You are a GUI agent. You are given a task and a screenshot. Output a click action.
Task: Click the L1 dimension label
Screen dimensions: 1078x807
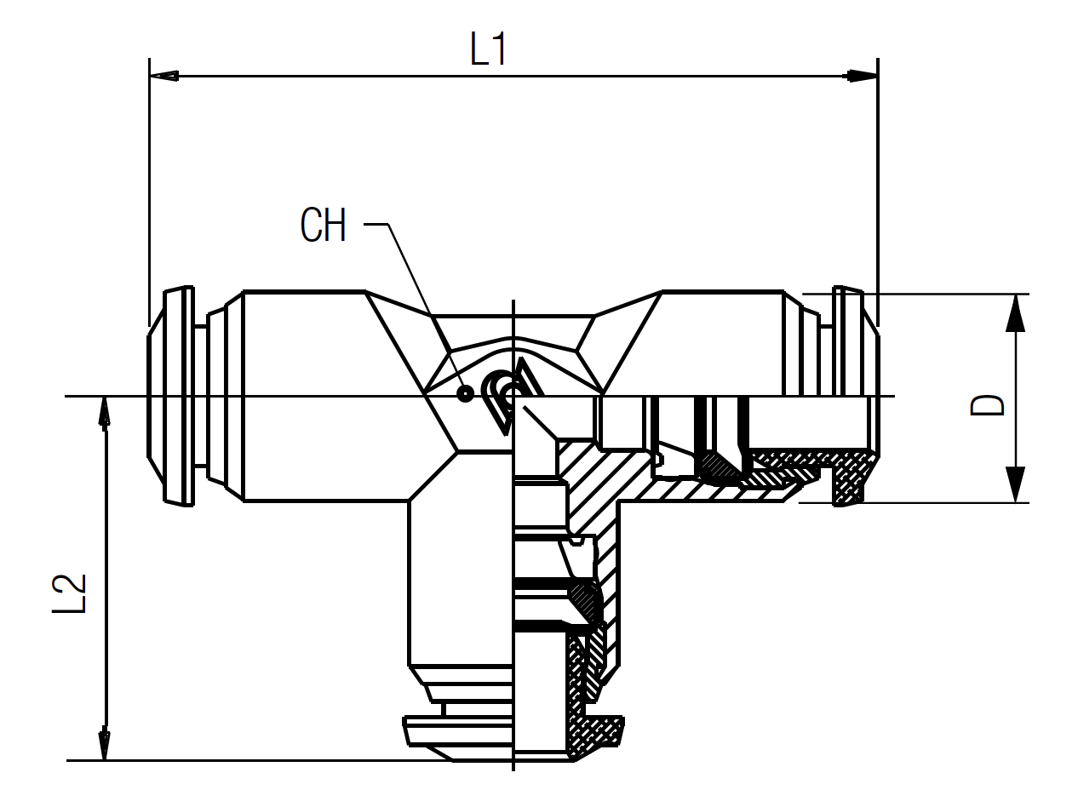point(488,49)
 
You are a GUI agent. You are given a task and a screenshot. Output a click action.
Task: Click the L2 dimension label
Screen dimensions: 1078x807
point(69,593)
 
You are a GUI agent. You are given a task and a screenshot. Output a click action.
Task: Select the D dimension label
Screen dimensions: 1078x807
point(987,405)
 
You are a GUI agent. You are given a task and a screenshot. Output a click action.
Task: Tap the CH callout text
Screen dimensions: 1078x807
point(324,225)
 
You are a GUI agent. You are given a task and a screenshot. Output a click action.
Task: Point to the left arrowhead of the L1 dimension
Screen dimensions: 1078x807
point(163,76)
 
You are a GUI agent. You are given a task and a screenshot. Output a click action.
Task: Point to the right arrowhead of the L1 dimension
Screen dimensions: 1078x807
point(863,76)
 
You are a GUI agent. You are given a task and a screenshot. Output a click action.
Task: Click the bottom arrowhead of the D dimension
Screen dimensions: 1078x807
point(1015,484)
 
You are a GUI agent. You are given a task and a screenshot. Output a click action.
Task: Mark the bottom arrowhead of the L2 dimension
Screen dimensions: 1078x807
point(104,742)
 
